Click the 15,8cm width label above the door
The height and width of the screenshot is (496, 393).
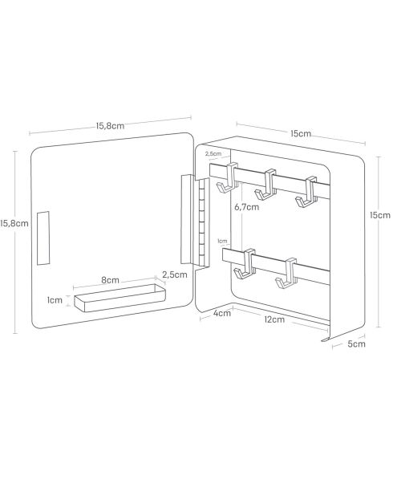tap(110, 126)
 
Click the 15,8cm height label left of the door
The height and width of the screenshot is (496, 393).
tap(14, 223)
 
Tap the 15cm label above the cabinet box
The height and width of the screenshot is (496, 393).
tap(301, 133)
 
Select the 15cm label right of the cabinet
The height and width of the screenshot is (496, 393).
tap(380, 215)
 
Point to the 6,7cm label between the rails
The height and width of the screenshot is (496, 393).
tap(246, 207)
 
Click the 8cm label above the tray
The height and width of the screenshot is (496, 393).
tap(110, 280)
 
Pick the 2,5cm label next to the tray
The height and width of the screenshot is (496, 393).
tap(175, 274)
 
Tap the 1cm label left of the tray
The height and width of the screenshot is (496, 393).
tap(55, 300)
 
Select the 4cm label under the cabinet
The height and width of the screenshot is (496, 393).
tap(222, 313)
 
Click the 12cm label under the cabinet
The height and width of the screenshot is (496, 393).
tap(274, 319)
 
